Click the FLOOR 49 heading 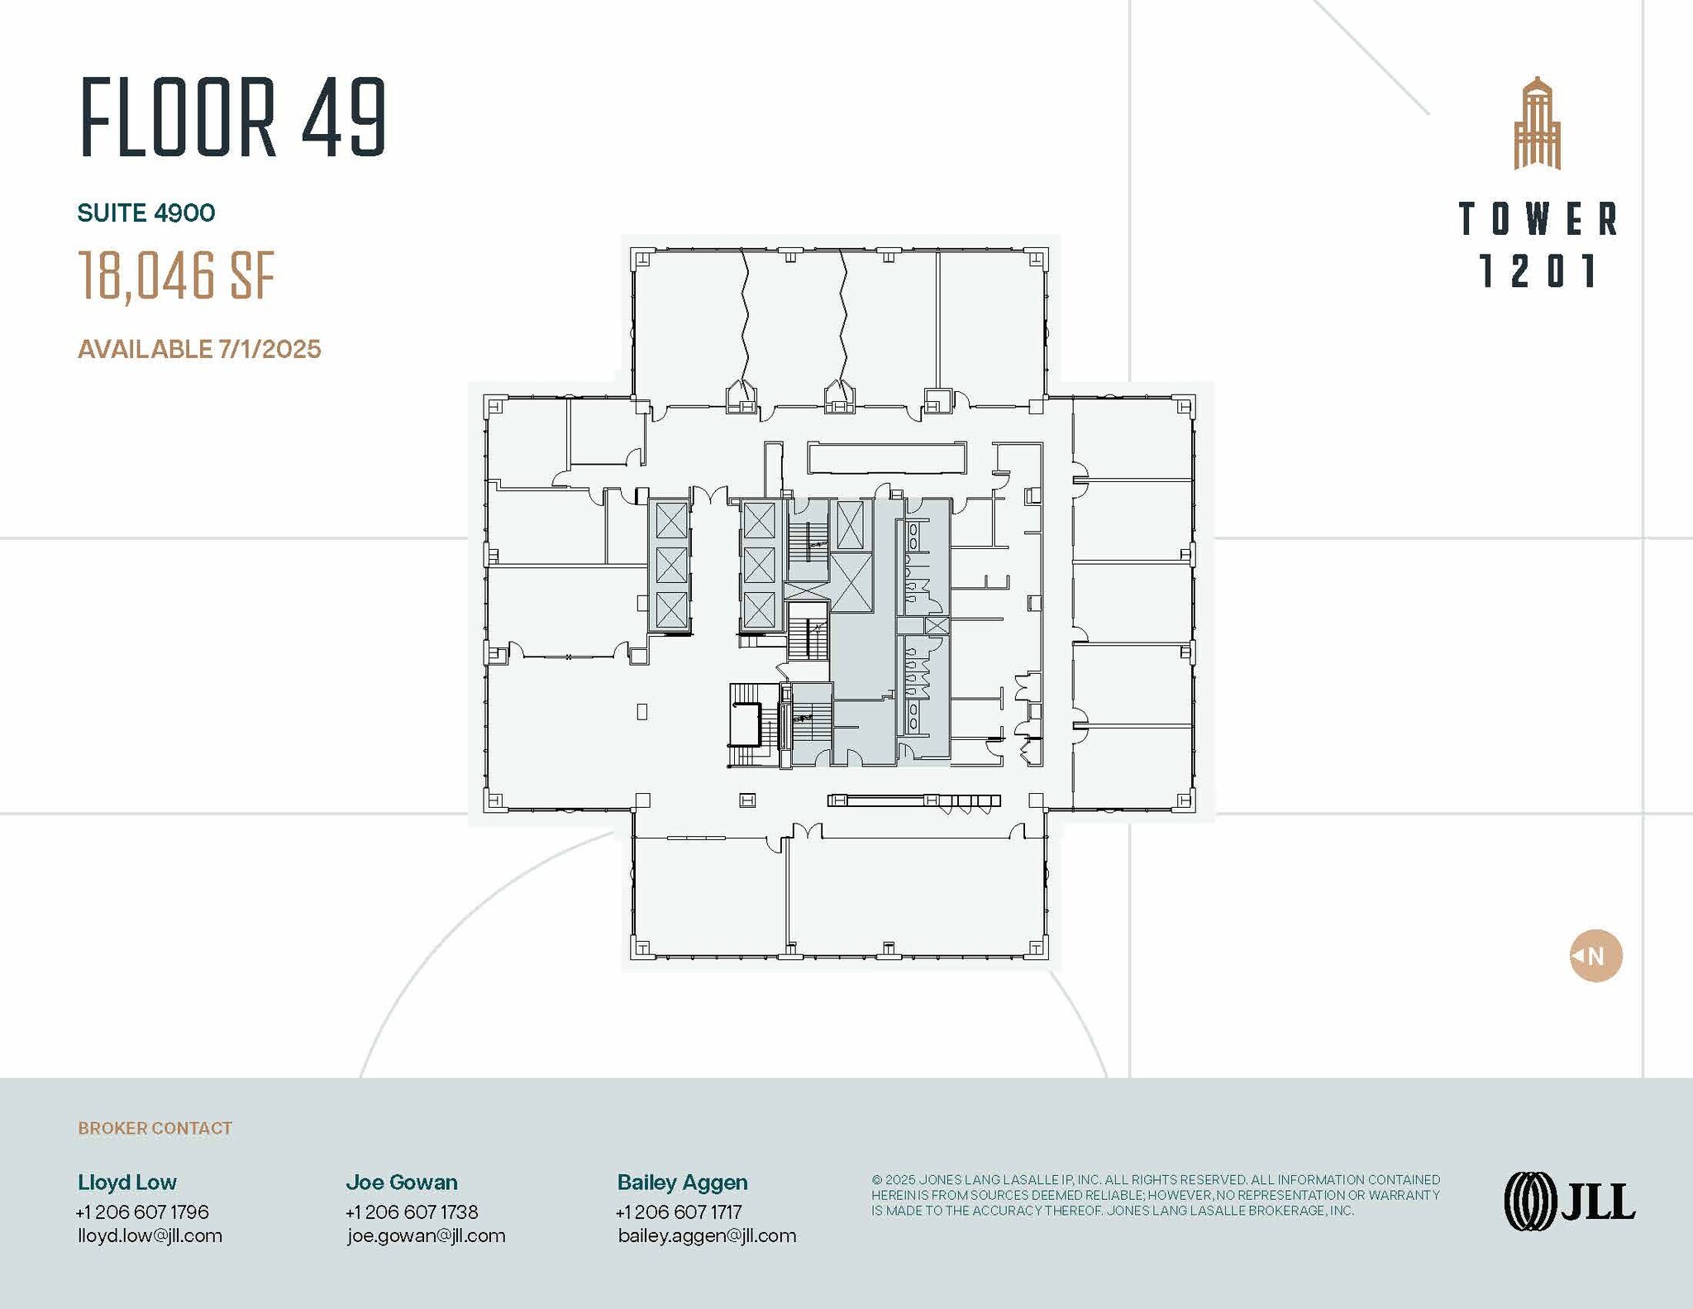[x=233, y=117]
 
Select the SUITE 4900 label [x=146, y=213]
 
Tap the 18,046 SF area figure [x=176, y=275]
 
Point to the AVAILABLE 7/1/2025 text [x=199, y=349]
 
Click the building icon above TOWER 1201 [x=1537, y=124]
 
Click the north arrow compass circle [x=1595, y=956]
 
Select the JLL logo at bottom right [x=1569, y=1202]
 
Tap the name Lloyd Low [x=127, y=1182]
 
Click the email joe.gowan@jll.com [x=426, y=1235]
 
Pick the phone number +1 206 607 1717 [x=679, y=1212]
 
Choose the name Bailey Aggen [x=682, y=1182]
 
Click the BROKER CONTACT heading [x=155, y=1128]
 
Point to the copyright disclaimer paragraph [x=1155, y=1195]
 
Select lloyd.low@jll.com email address [x=150, y=1235]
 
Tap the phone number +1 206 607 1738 [x=412, y=1212]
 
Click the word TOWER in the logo [x=1537, y=219]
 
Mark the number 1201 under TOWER [x=1537, y=271]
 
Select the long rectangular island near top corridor [x=886, y=458]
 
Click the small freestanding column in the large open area [x=642, y=711]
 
